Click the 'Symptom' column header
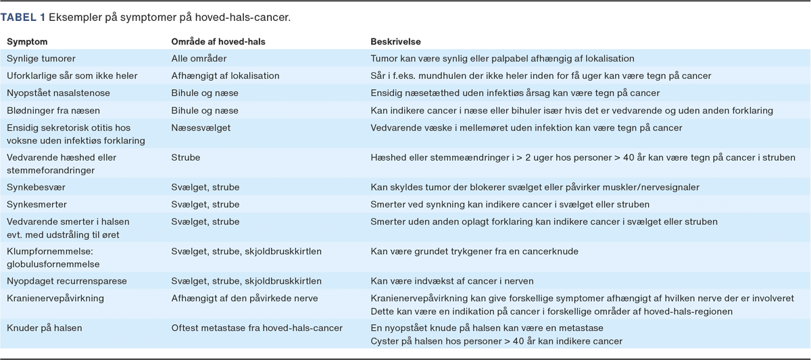pos(26,42)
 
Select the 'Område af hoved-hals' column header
pos(218,42)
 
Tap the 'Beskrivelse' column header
pos(396,42)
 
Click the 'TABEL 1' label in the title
pos(23,16)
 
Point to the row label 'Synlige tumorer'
pos(41,59)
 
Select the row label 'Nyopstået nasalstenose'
pos(58,93)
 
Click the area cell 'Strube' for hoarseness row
pos(186,157)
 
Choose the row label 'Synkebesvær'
pos(36,186)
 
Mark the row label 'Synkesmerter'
pos(37,203)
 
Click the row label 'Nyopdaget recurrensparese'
pos(66,280)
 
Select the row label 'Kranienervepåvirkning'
pos(55,297)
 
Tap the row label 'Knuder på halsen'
pos(44,328)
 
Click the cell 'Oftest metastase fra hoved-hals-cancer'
pos(257,328)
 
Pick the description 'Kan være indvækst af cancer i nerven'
pos(453,280)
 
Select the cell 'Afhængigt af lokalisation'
pos(225,76)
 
